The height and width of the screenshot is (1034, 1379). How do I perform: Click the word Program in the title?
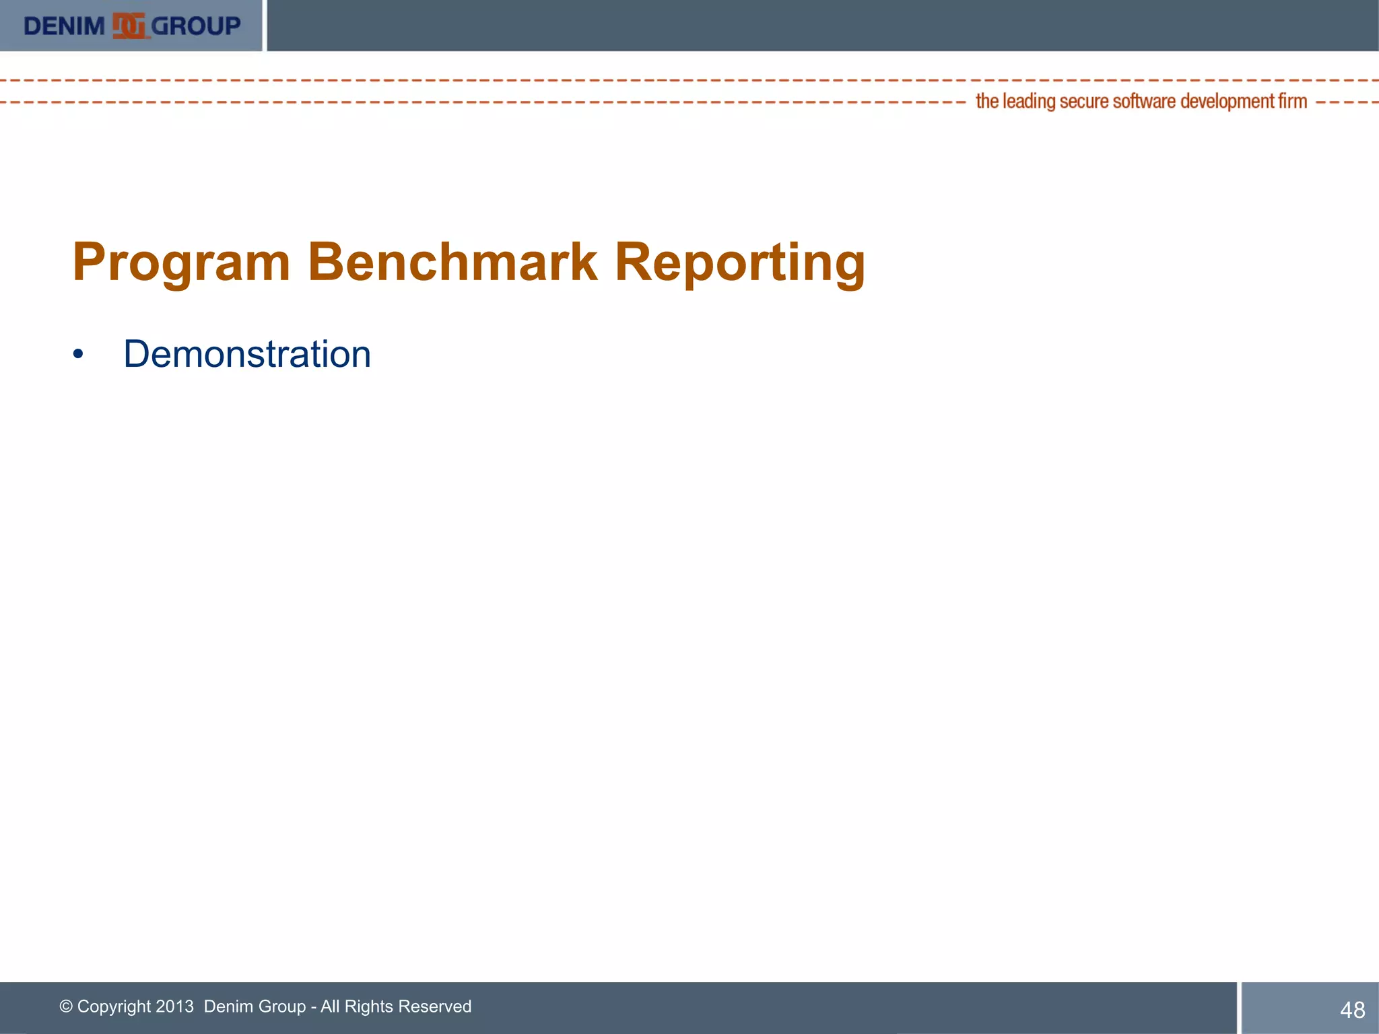click(181, 263)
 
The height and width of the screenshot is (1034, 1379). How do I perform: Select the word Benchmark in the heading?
click(452, 261)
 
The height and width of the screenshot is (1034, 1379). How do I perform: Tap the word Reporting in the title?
click(739, 263)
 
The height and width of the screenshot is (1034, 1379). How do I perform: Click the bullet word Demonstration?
click(247, 354)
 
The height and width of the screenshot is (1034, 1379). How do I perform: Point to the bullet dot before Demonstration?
click(78, 354)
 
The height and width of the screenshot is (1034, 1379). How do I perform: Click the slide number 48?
click(1352, 1010)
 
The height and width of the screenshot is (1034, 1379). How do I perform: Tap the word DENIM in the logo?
click(64, 26)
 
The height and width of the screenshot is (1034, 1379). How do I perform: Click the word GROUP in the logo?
click(195, 26)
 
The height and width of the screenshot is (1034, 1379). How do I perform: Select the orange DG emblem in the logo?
click(129, 26)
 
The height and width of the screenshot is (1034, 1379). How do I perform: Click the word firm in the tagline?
click(1293, 101)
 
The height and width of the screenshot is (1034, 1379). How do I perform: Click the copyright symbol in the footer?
click(66, 1006)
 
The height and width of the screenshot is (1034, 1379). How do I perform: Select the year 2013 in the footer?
click(174, 1006)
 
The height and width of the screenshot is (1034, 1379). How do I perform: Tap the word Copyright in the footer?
click(114, 1007)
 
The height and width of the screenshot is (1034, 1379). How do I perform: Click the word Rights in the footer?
click(368, 1007)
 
